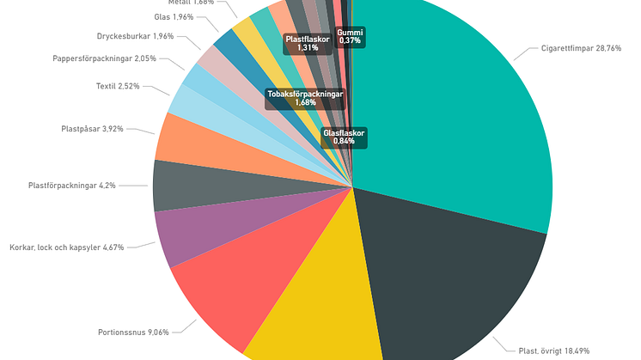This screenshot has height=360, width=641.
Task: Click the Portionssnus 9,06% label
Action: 134,333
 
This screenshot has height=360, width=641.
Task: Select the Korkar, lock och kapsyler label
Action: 67,247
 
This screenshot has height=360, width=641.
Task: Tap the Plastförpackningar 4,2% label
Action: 72,185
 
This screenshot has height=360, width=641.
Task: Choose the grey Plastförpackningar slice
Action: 185,185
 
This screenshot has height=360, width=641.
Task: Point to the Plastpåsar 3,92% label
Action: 93,129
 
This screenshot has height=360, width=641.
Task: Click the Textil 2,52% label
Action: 118,86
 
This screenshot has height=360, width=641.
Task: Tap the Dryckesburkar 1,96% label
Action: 135,36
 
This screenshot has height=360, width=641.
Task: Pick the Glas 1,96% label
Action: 174,16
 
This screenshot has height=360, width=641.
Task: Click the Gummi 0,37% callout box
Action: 350,36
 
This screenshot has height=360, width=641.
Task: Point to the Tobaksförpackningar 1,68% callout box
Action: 305,98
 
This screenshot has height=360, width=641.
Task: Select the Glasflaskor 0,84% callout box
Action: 344,137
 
